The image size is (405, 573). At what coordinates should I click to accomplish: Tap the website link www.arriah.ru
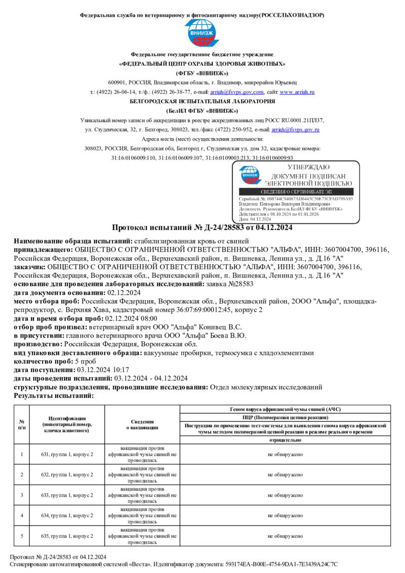[297, 92]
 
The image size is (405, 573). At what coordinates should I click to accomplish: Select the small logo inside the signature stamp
[251, 176]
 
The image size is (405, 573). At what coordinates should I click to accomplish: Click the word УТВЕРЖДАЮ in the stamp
[308, 167]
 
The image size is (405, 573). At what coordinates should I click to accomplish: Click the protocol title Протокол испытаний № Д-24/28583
[202, 228]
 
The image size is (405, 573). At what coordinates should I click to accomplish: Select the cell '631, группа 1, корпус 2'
[67, 454]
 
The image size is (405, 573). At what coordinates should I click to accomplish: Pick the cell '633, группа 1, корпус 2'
[67, 495]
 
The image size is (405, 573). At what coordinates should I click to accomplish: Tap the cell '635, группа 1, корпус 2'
[67, 535]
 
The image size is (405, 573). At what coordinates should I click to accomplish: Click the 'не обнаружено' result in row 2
[285, 474]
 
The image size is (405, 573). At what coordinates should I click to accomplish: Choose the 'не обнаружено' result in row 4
[285, 515]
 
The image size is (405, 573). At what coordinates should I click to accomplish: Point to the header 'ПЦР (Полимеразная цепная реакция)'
[285, 417]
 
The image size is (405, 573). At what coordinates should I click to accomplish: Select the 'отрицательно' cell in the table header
[285, 440]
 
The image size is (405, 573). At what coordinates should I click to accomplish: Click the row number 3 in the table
[22, 495]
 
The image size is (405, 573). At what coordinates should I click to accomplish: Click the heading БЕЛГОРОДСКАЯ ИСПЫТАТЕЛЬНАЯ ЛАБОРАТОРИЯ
[202, 101]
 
